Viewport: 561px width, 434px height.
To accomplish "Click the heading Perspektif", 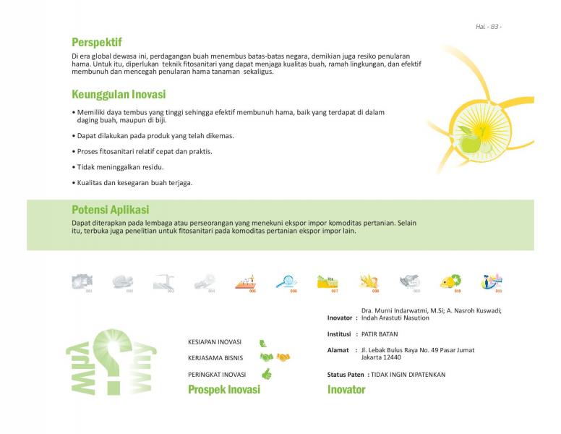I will (x=96, y=42).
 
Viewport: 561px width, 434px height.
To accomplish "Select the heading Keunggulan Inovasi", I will (x=119, y=95).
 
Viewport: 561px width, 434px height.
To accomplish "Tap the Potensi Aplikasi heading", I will (x=110, y=210).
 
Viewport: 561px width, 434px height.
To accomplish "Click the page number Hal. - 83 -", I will (x=488, y=27).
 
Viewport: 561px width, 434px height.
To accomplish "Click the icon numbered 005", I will (x=246, y=281).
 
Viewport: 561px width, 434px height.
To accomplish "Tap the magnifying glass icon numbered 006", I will (x=286, y=281).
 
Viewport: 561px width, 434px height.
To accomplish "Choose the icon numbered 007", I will (x=327, y=281).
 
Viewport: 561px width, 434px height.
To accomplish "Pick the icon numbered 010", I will (x=451, y=281).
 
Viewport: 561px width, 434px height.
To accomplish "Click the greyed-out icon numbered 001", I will (x=82, y=281).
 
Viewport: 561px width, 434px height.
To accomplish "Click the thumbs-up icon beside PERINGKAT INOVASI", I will (x=266, y=374).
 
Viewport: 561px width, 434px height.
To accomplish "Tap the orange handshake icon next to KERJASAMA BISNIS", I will (x=283, y=357).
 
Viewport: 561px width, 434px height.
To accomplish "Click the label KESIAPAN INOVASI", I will (x=215, y=342).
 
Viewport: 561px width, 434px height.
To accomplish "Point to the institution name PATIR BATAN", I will (x=380, y=334).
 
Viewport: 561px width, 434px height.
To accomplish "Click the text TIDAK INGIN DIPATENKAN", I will (x=408, y=375).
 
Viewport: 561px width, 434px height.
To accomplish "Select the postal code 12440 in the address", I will (x=391, y=357).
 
